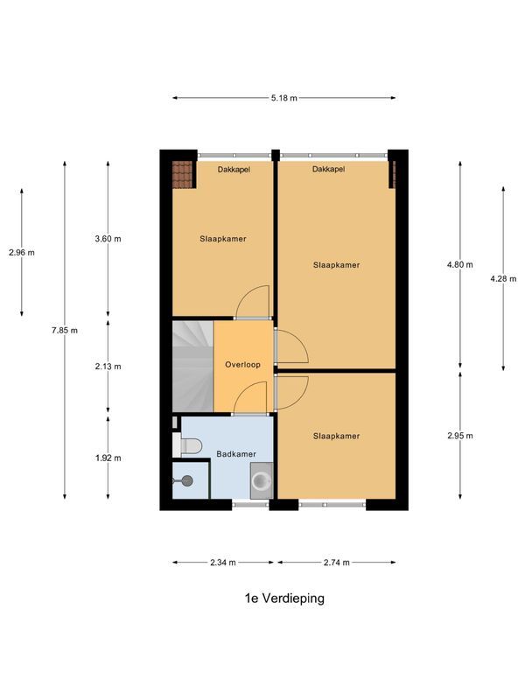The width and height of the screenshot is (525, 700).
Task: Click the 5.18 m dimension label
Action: point(283,98)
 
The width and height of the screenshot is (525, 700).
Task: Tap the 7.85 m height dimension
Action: point(65,330)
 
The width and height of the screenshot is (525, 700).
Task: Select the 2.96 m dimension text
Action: point(21,253)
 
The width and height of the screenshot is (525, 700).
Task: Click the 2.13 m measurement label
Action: point(108,366)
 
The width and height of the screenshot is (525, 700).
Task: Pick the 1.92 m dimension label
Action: point(108,458)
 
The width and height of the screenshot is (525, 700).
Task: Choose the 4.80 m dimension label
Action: point(460,264)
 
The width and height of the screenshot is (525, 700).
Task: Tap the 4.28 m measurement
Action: point(503,279)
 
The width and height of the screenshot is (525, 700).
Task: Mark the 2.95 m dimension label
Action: point(460,436)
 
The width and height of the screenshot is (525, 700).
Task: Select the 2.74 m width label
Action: point(336,563)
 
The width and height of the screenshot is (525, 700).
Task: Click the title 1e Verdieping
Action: point(284,599)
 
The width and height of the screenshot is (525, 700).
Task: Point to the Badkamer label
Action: point(236,454)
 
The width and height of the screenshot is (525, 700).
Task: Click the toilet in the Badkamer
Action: point(192,445)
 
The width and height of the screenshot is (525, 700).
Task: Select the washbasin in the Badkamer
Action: point(261,480)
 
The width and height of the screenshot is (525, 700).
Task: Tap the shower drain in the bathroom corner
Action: point(185,479)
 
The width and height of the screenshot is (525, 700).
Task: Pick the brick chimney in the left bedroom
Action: point(182,174)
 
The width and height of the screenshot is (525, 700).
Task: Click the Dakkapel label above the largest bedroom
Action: point(328,169)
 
